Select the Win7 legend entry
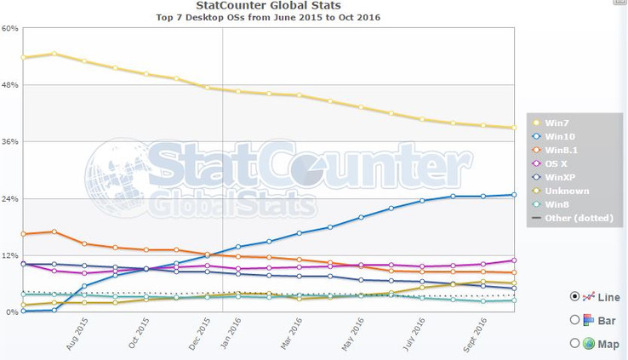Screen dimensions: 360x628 pos(557,123)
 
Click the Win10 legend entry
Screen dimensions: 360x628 pos(561,135)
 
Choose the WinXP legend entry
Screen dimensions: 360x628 pos(560,176)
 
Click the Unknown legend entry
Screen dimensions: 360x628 pos(566,191)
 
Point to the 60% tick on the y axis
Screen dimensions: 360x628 pos(10,28)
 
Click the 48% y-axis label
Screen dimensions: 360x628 pos(10,85)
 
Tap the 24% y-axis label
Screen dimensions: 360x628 pos(10,198)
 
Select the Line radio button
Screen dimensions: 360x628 pos(574,296)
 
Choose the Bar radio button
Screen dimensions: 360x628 pos(574,320)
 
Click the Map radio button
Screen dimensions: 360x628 pos(574,343)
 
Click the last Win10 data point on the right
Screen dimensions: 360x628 pos(514,195)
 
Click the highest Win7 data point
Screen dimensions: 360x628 pos(54,54)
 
